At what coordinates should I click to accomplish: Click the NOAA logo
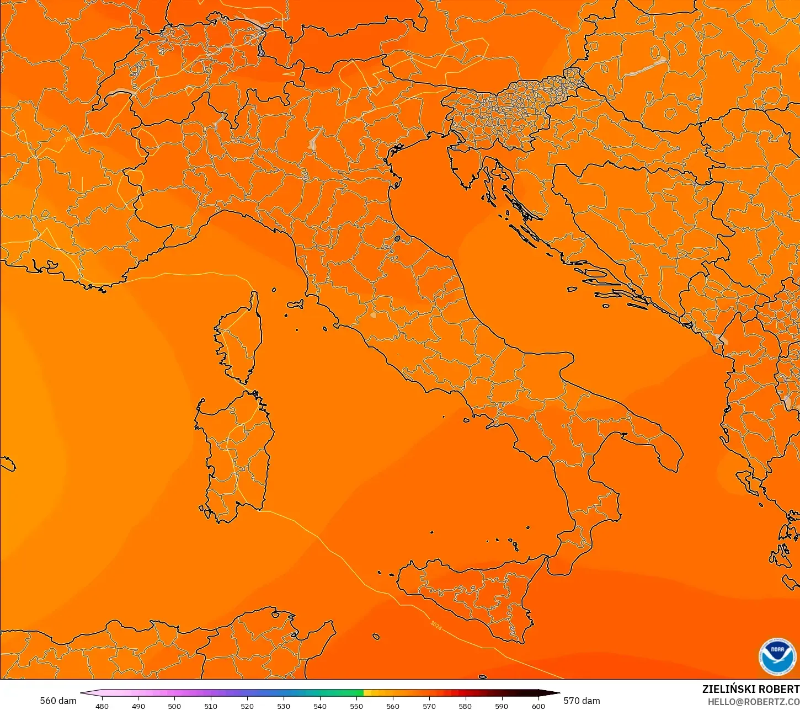point(777,656)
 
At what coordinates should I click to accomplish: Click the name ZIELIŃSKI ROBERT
point(750,689)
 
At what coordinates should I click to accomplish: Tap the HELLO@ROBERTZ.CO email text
point(754,702)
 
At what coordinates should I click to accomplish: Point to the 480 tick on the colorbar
point(102,706)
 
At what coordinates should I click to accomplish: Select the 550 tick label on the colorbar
point(356,706)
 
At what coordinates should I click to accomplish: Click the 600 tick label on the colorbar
point(538,706)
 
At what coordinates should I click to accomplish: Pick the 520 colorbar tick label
point(247,706)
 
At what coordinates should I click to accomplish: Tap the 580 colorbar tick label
point(465,706)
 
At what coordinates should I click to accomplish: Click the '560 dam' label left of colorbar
point(58,701)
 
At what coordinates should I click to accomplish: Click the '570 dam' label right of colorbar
point(582,701)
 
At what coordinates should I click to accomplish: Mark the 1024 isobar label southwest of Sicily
point(436,625)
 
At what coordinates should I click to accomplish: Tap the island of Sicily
point(469,596)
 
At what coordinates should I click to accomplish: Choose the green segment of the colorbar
point(342,693)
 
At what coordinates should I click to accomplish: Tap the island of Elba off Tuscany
point(295,303)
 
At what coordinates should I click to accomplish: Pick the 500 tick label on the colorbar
point(174,706)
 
